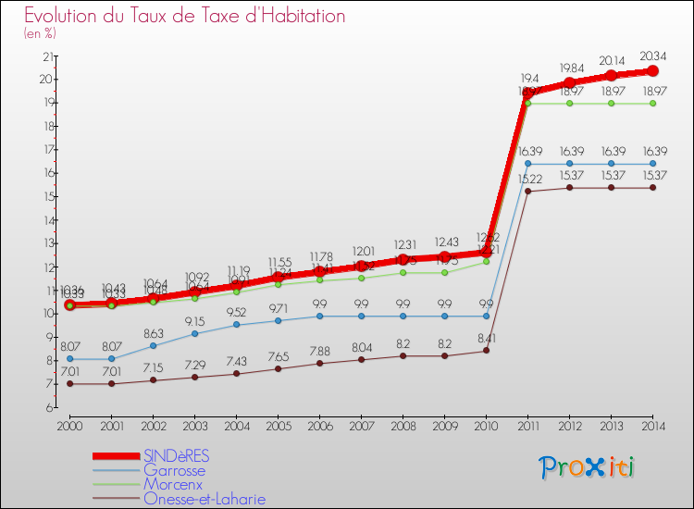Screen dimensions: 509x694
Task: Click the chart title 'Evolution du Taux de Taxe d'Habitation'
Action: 185,16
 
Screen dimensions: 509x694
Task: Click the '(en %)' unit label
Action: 40,33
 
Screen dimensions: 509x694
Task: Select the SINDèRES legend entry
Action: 176,456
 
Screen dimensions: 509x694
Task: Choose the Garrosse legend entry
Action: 174,470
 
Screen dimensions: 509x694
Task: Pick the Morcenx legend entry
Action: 173,484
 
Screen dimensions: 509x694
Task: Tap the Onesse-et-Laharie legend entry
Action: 204,499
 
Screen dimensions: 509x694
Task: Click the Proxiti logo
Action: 588,467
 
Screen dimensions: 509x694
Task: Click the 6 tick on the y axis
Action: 47,407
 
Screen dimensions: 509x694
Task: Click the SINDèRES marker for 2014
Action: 652,71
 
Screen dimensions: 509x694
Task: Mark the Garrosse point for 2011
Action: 527,164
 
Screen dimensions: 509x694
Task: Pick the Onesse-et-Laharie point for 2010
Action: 486,350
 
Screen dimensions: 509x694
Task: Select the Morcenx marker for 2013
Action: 611,103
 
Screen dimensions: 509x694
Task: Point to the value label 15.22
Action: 527,179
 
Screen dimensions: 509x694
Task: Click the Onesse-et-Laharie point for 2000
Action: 69,383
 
